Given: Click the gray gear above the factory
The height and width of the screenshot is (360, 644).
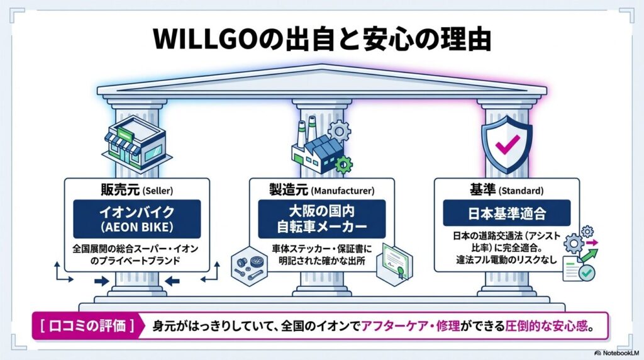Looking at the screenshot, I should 340,131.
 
